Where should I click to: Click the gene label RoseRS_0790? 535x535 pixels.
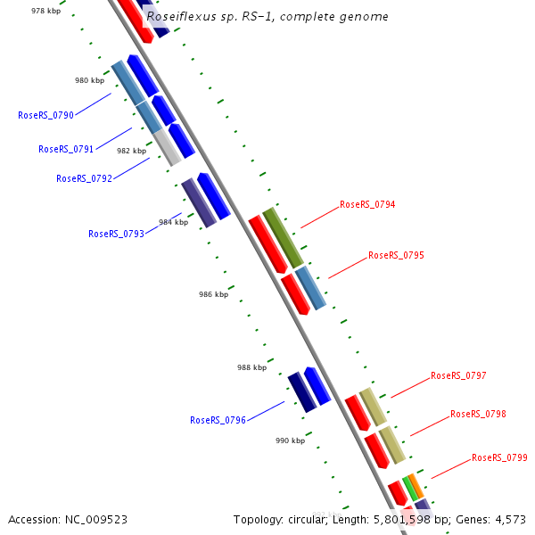click(45, 115)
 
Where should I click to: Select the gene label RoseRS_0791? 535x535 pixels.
click(66, 149)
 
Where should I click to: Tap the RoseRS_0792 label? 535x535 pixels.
click(84, 178)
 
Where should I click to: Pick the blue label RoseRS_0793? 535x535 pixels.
click(116, 234)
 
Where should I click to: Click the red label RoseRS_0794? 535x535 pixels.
click(367, 204)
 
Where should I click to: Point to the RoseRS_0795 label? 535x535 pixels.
click(396, 255)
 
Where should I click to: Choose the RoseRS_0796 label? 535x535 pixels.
click(218, 420)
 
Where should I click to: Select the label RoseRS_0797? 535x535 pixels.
click(458, 375)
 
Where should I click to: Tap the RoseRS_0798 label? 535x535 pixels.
click(478, 414)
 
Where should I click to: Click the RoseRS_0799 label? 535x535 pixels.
click(499, 457)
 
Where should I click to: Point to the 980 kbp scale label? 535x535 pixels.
click(89, 80)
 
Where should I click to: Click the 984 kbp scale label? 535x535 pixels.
click(173, 222)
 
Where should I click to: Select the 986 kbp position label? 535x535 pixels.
click(213, 294)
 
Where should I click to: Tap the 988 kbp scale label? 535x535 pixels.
click(251, 367)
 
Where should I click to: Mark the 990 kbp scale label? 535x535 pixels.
click(290, 440)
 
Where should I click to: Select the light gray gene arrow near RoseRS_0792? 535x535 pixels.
click(168, 147)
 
